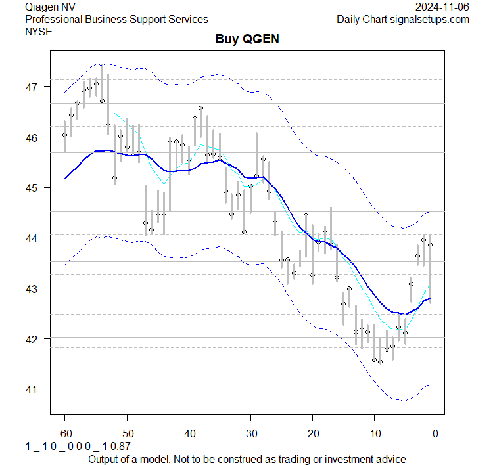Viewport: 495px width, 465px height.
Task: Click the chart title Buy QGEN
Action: pyautogui.click(x=247, y=39)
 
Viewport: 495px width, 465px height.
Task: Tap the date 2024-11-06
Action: pyautogui.click(x=442, y=7)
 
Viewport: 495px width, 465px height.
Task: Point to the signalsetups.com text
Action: pyautogui.click(x=429, y=19)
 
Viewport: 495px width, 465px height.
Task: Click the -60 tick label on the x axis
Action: pyautogui.click(x=64, y=433)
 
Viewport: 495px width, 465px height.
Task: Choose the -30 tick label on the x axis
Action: pyautogui.click(x=250, y=433)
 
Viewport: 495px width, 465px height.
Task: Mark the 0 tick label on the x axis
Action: pyautogui.click(x=436, y=433)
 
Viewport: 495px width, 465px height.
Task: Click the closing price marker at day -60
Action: pyautogui.click(x=64, y=135)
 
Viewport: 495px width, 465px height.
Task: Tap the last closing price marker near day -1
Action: pyautogui.click(x=430, y=244)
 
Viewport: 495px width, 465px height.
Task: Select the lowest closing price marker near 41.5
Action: pyautogui.click(x=380, y=361)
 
